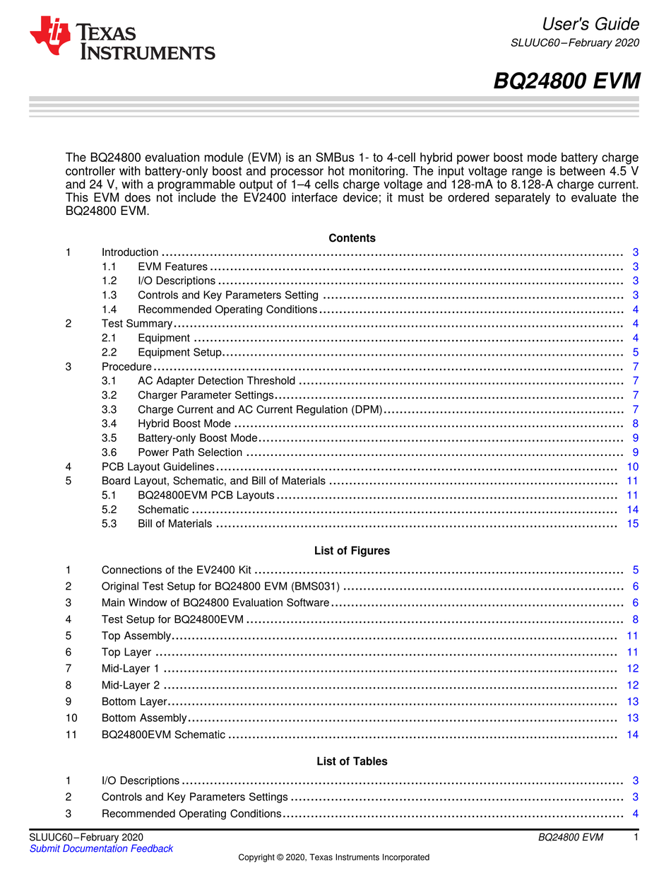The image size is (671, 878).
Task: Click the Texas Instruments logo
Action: (x=121, y=38)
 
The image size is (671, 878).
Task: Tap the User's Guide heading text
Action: (x=591, y=24)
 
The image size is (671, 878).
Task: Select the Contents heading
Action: (x=352, y=238)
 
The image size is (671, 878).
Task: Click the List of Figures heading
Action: (x=352, y=551)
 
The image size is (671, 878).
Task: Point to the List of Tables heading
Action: (x=352, y=761)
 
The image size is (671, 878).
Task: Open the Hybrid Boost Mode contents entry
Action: (x=184, y=423)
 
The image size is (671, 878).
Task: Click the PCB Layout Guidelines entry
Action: (x=158, y=467)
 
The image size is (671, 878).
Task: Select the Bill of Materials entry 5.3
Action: (x=174, y=524)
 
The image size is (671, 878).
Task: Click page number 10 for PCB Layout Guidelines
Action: (x=632, y=467)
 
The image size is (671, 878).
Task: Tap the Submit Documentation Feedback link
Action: (x=101, y=848)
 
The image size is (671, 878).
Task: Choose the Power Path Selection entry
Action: (x=190, y=452)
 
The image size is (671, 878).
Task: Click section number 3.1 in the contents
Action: (x=109, y=381)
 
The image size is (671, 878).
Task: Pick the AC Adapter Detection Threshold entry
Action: (x=216, y=381)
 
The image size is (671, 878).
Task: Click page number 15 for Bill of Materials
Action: (x=632, y=524)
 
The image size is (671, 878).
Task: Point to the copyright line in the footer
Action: (x=333, y=857)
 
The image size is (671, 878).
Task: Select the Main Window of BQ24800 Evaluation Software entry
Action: (x=215, y=602)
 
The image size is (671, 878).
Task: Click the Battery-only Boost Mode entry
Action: (x=197, y=438)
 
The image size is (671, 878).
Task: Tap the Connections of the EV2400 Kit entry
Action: (x=177, y=570)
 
